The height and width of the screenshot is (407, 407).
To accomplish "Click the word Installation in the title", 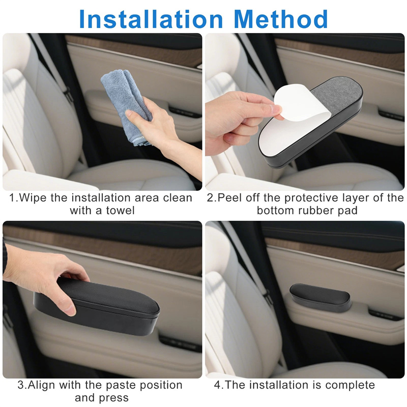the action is (151, 19).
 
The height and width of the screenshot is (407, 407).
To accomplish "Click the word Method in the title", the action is (281, 19).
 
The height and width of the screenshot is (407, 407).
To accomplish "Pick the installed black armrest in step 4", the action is (321, 298).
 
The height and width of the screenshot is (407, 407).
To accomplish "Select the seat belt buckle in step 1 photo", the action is (68, 95).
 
